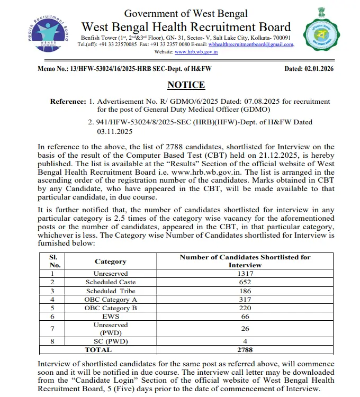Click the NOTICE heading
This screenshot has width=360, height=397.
(x=186, y=85)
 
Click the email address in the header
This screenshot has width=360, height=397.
(x=250, y=44)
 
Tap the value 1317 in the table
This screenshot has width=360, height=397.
(x=245, y=274)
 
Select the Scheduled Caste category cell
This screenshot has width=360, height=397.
(x=110, y=282)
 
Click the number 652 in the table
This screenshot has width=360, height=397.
(x=245, y=282)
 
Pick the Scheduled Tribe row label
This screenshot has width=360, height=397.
(x=110, y=291)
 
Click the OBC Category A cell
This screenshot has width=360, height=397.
(x=110, y=299)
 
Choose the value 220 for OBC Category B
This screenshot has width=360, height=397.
(x=245, y=308)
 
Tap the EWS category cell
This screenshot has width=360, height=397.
(x=110, y=316)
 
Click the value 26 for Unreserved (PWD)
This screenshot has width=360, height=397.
(x=245, y=328)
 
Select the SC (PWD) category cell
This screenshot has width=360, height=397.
(x=110, y=341)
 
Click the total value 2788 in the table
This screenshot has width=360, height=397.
(x=245, y=349)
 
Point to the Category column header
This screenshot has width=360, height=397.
(x=110, y=261)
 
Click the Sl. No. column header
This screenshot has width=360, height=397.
(x=52, y=260)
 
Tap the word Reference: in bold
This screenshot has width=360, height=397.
(x=67, y=101)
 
